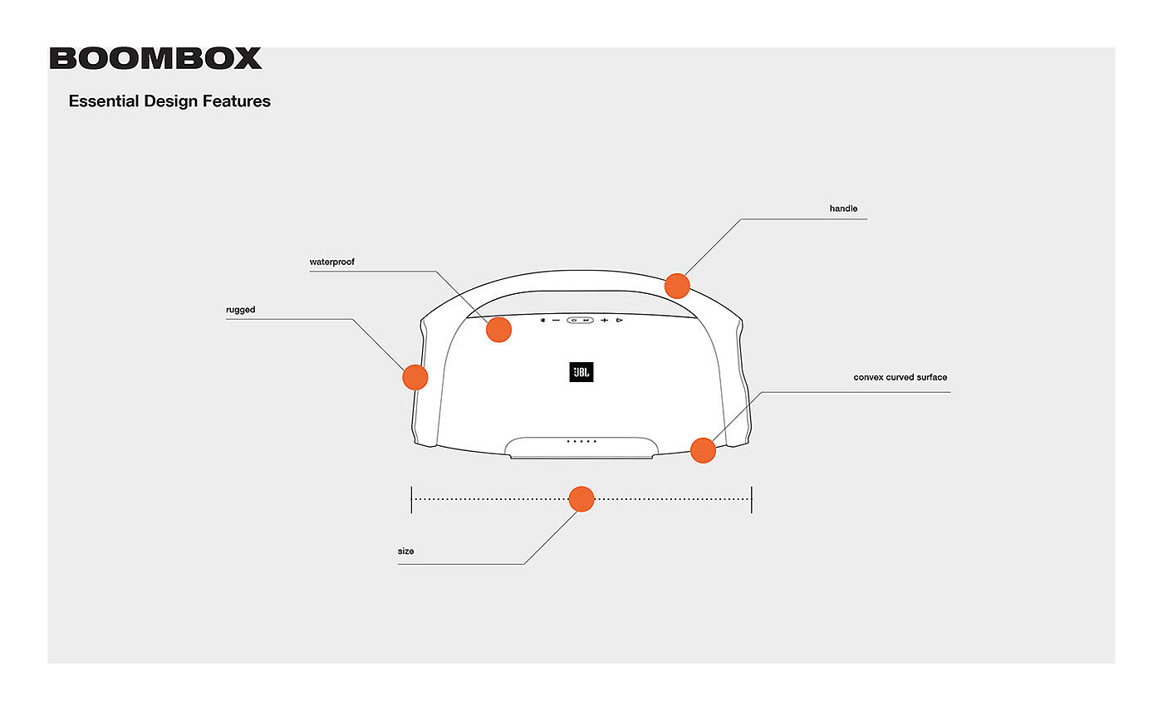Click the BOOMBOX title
point(155,58)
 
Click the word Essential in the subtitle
point(104,101)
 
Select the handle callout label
point(843,208)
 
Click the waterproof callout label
point(332,262)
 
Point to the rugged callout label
point(241,310)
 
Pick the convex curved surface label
point(900,377)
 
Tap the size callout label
point(406,552)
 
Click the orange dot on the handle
point(677,286)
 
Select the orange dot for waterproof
point(498,330)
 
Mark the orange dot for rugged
point(415,377)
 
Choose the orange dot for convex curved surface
point(703,450)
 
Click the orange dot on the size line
point(581,499)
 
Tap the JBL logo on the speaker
point(581,372)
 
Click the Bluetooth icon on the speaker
point(542,320)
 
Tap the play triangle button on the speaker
point(620,320)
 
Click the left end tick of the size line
point(411,499)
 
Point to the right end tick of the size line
point(752,499)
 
